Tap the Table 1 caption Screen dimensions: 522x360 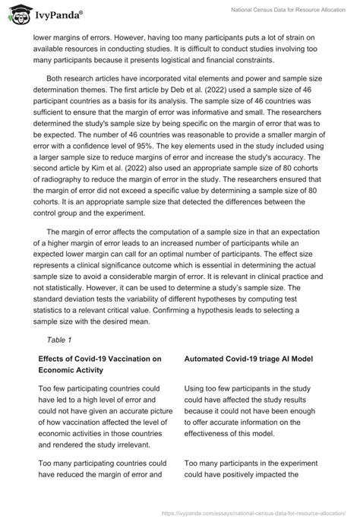point(59,340)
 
